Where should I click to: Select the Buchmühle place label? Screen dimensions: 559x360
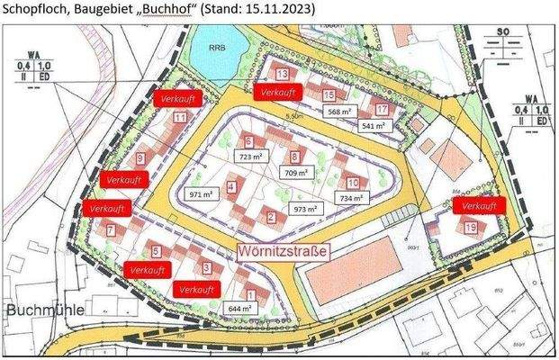pos(45,310)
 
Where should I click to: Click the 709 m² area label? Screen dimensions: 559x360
pos(296,171)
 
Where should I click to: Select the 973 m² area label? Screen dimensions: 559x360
pos(307,209)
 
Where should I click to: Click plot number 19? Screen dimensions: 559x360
pos(471,228)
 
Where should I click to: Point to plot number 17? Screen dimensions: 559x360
pos(383,110)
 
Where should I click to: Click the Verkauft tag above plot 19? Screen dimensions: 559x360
pos(477,206)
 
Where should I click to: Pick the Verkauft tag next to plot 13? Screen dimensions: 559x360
pos(278,93)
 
